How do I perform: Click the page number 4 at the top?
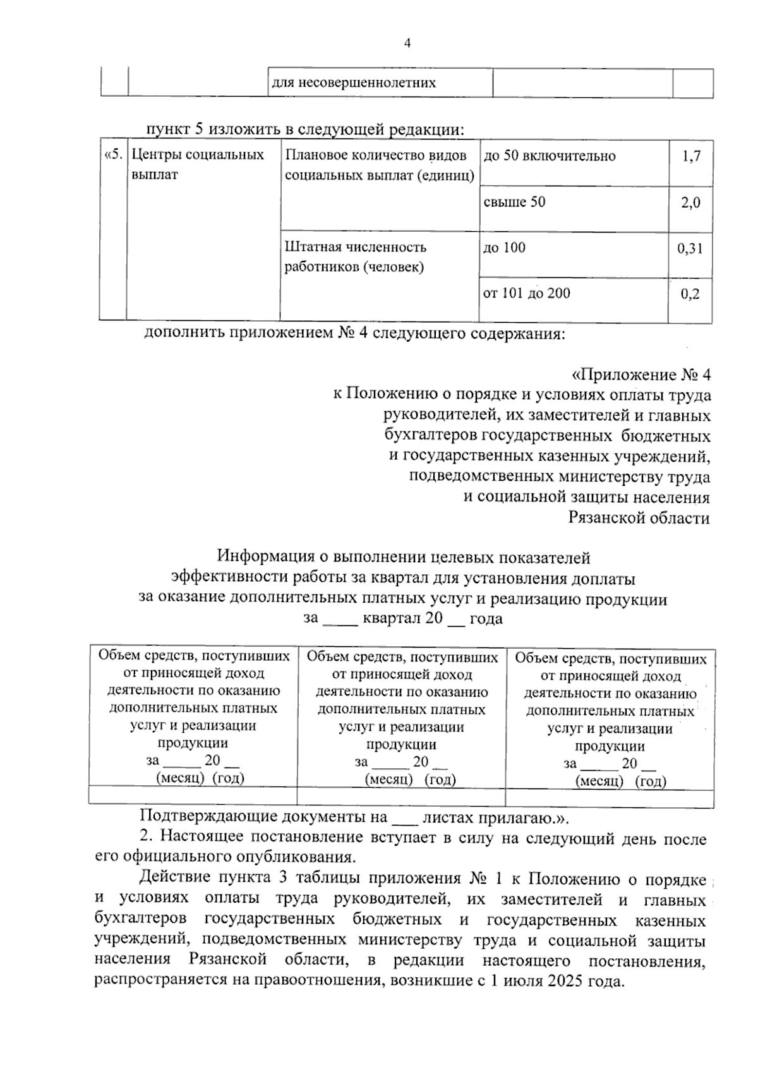(x=407, y=43)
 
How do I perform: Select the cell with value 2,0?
(x=691, y=203)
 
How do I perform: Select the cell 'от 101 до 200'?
(x=526, y=293)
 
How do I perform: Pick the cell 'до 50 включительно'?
(x=549, y=156)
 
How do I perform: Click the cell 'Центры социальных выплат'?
(x=197, y=164)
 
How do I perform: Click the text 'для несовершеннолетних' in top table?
(x=354, y=83)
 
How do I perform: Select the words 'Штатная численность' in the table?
(x=355, y=247)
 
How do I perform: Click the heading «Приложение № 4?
(x=641, y=375)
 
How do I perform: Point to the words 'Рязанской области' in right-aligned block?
(x=639, y=518)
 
